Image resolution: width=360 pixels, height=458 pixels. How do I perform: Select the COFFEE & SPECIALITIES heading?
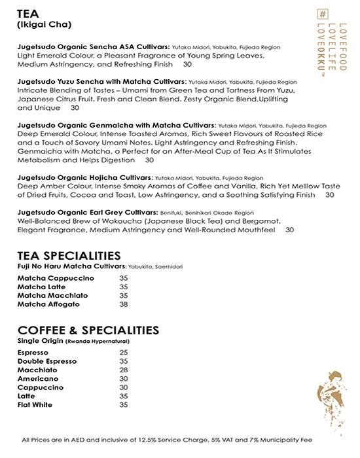pyautogui.click(x=88, y=330)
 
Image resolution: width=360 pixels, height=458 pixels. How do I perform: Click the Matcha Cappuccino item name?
pyautogui.click(x=56, y=278)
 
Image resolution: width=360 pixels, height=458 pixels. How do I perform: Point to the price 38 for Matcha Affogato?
pyautogui.click(x=124, y=304)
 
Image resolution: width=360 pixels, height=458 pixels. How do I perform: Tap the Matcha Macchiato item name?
pyautogui.click(x=52, y=296)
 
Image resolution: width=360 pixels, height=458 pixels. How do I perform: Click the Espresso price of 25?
pyautogui.click(x=124, y=353)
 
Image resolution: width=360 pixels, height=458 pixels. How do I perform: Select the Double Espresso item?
pyautogui.click(x=47, y=361)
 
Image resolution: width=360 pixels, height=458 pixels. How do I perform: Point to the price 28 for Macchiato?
pyautogui.click(x=124, y=370)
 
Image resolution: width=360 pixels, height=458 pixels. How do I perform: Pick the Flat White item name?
pyautogui.click(x=37, y=405)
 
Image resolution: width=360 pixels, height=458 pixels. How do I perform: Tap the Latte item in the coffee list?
pyautogui.click(x=27, y=396)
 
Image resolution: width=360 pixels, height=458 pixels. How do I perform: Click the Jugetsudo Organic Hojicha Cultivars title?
pyautogui.click(x=85, y=177)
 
